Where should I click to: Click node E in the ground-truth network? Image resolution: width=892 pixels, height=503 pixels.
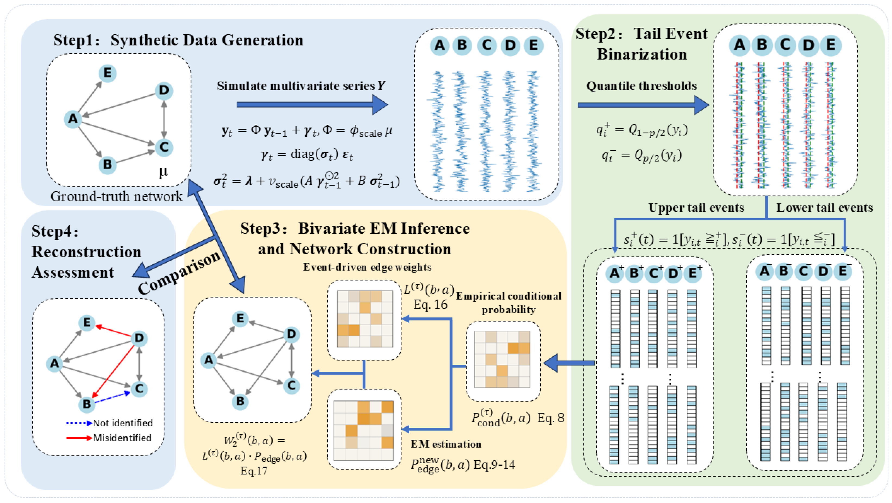pos(107,73)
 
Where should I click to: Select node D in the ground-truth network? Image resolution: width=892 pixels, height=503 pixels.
pos(164,90)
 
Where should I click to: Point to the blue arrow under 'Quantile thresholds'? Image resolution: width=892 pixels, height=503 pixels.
pos(643,105)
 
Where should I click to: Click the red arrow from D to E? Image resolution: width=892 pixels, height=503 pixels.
pos(114,330)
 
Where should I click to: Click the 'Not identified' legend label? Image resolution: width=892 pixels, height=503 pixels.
pos(123,423)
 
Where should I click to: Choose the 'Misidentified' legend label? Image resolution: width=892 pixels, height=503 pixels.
pos(122,438)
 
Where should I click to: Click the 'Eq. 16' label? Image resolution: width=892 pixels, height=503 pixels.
pos(431,305)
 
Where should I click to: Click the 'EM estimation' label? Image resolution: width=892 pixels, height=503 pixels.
pos(446,444)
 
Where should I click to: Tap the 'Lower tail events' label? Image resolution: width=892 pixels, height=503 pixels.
pos(824,208)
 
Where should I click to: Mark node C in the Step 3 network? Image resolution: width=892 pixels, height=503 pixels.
pos(291,385)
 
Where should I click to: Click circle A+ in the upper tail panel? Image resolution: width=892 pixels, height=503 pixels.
pos(615,273)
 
